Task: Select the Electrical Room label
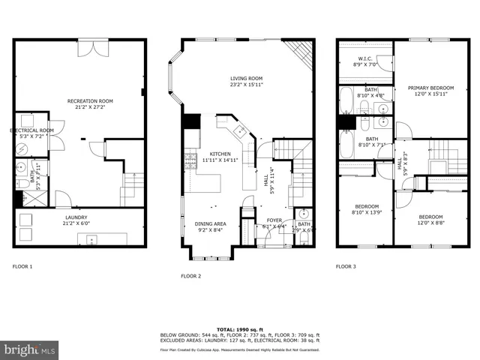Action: pos(31,133)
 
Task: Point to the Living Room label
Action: pos(246,82)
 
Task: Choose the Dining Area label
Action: pos(211,227)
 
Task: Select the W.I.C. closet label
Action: pos(366,61)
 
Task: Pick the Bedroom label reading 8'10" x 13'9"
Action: pos(367,209)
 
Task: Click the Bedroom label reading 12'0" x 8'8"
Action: pos(430,220)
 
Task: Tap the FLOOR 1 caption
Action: pos(23,266)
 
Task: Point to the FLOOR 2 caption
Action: pos(190,276)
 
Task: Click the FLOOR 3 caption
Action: pos(346,266)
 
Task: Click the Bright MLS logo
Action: pos(29,349)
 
